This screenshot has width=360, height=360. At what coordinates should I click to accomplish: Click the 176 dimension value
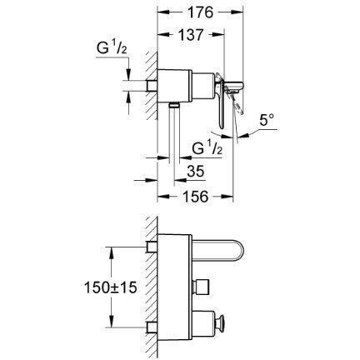click(x=200, y=12)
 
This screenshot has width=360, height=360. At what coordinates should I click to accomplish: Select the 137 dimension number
click(x=191, y=35)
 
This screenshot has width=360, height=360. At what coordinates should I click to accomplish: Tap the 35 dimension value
click(x=196, y=172)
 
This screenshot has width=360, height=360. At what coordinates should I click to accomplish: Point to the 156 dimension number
click(x=196, y=197)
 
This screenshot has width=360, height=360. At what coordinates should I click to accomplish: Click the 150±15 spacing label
click(x=110, y=287)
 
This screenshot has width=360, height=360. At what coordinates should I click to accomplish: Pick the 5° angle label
click(x=267, y=120)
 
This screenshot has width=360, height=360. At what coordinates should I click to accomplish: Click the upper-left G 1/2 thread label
click(x=112, y=47)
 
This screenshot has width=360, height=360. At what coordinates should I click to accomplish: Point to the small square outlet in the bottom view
click(x=201, y=287)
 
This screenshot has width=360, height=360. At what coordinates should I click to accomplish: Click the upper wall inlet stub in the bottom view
click(x=152, y=247)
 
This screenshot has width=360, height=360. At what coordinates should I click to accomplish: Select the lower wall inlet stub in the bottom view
click(x=152, y=327)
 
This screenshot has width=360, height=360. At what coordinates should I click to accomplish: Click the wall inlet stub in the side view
click(x=152, y=86)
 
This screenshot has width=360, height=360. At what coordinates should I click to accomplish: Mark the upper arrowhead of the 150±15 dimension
click(x=112, y=252)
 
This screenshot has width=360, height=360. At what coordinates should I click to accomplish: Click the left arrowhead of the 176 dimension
click(x=163, y=12)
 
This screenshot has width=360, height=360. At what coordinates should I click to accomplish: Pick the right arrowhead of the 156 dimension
click(x=227, y=197)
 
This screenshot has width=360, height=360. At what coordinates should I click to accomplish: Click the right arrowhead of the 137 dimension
click(x=218, y=35)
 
